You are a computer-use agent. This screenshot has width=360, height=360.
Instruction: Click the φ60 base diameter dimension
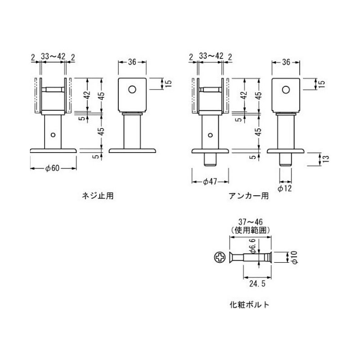click(x=53, y=168)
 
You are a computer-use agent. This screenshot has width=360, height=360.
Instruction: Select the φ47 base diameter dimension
click(x=210, y=182)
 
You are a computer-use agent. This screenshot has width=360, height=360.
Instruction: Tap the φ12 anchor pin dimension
click(x=285, y=189)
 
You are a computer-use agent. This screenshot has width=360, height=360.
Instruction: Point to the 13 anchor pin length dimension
click(x=326, y=159)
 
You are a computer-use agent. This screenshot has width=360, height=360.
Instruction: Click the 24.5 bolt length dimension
click(x=257, y=283)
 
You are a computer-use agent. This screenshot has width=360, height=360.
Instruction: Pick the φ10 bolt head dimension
click(x=294, y=257)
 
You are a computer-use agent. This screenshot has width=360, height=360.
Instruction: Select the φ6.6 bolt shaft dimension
click(x=252, y=246)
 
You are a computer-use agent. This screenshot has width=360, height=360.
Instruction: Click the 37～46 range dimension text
click(x=250, y=222)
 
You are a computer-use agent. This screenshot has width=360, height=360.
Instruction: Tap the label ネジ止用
click(x=98, y=196)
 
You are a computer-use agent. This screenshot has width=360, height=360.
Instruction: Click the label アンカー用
click(x=249, y=196)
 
